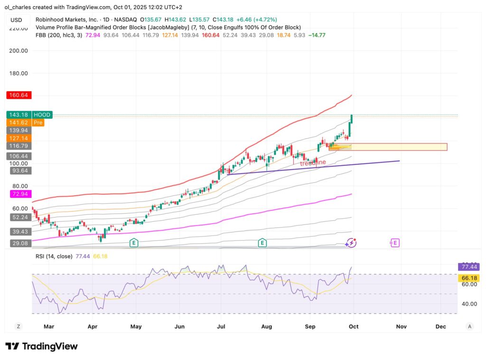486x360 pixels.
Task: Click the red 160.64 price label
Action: (x=19, y=95)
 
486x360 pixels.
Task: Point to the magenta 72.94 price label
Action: (x=19, y=194)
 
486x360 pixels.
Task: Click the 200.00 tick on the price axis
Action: (x=19, y=51)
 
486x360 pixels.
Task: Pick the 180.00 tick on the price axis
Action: (x=19, y=74)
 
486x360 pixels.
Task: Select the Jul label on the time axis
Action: (x=221, y=326)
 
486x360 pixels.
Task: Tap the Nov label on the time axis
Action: (x=401, y=326)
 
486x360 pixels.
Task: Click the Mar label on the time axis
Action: (x=49, y=326)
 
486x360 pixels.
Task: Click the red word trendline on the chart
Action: (x=312, y=162)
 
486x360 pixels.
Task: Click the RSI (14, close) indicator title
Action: (x=55, y=256)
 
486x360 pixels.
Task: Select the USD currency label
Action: (x=16, y=20)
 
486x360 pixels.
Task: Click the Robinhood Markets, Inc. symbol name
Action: (x=67, y=20)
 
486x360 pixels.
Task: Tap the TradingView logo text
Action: (x=42, y=346)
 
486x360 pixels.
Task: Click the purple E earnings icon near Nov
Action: (x=395, y=243)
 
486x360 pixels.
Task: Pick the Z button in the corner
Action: (x=18, y=326)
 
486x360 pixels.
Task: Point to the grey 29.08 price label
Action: (x=19, y=243)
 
